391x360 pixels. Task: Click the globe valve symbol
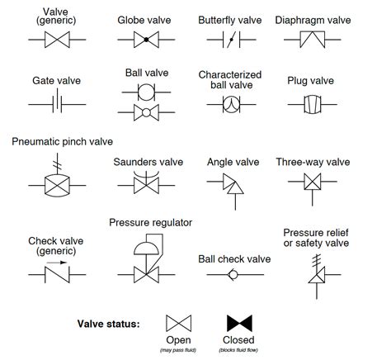click(x=146, y=39)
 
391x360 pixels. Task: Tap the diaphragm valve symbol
click(x=312, y=38)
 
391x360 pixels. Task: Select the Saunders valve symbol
click(x=148, y=185)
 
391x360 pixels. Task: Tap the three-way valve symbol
click(x=312, y=187)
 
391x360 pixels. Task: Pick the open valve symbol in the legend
click(x=178, y=323)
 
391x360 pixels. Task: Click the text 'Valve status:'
click(x=108, y=323)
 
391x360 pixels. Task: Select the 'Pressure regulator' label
click(x=150, y=223)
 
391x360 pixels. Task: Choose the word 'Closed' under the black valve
click(x=239, y=340)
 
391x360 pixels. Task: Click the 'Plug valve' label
click(x=311, y=81)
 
